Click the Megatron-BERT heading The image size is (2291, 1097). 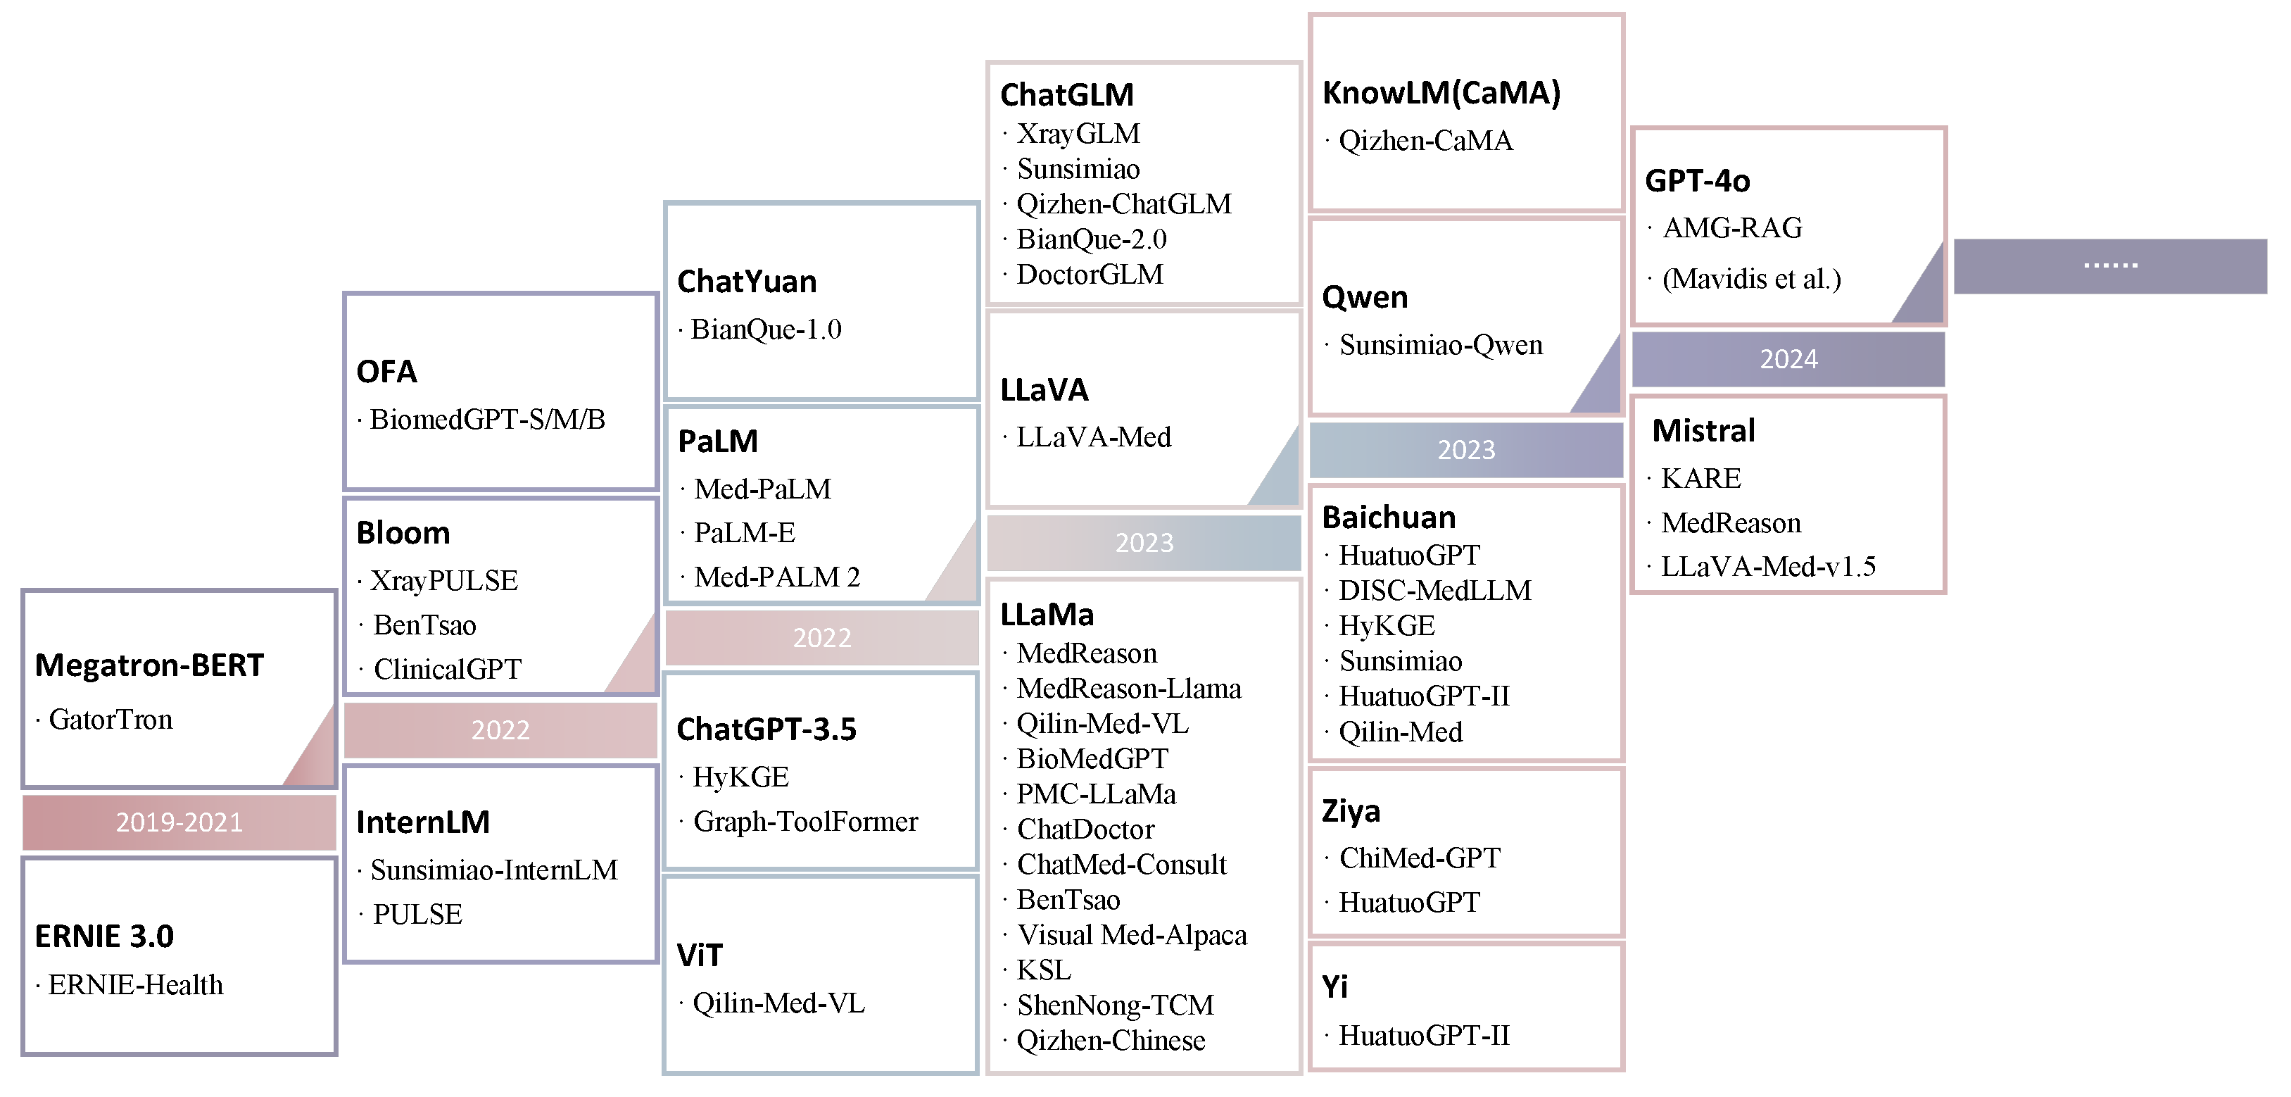tap(149, 665)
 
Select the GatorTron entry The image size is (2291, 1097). tap(111, 719)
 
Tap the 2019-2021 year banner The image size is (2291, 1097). tap(179, 822)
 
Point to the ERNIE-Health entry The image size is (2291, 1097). tap(135, 985)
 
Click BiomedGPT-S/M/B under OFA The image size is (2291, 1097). tap(486, 419)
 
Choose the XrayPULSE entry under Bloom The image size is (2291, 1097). tap(443, 581)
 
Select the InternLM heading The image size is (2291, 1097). tap(422, 822)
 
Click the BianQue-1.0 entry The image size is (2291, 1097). tap(765, 330)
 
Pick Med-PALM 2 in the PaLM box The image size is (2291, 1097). tap(776, 577)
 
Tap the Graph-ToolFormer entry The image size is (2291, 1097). tap(805, 821)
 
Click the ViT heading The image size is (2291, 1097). tap(699, 955)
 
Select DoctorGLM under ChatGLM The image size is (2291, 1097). tap(1089, 275)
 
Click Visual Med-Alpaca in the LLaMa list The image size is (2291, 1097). tap(1131, 935)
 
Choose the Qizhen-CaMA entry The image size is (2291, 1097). tap(1425, 141)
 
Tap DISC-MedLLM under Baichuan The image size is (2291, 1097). tap(1434, 591)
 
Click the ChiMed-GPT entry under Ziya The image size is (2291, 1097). tap(1420, 858)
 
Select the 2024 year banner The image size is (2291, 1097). tap(1788, 359)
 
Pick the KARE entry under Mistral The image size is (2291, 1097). tap(1700, 479)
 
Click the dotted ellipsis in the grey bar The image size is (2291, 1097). tap(2109, 265)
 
